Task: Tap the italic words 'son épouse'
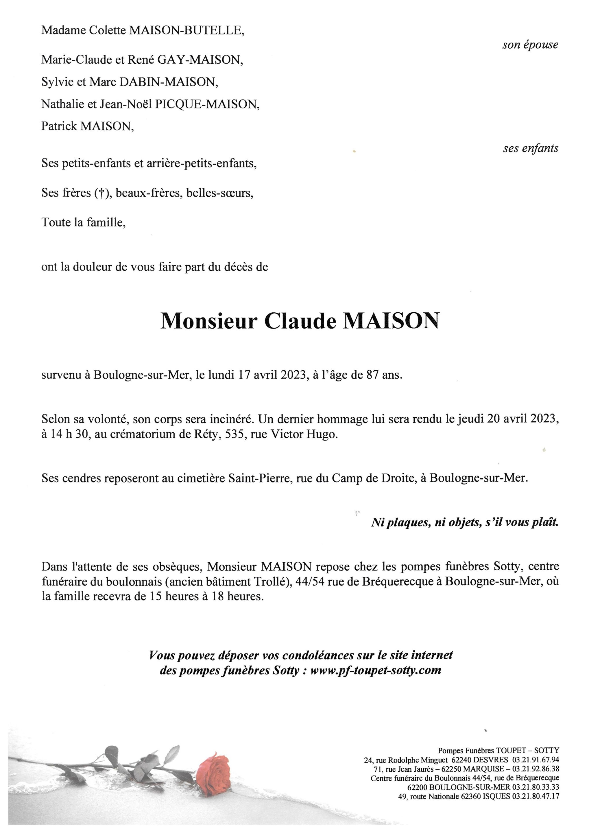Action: tap(530, 45)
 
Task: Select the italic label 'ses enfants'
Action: tap(530, 148)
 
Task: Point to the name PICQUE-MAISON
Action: tap(207, 104)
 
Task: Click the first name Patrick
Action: tap(59, 126)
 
